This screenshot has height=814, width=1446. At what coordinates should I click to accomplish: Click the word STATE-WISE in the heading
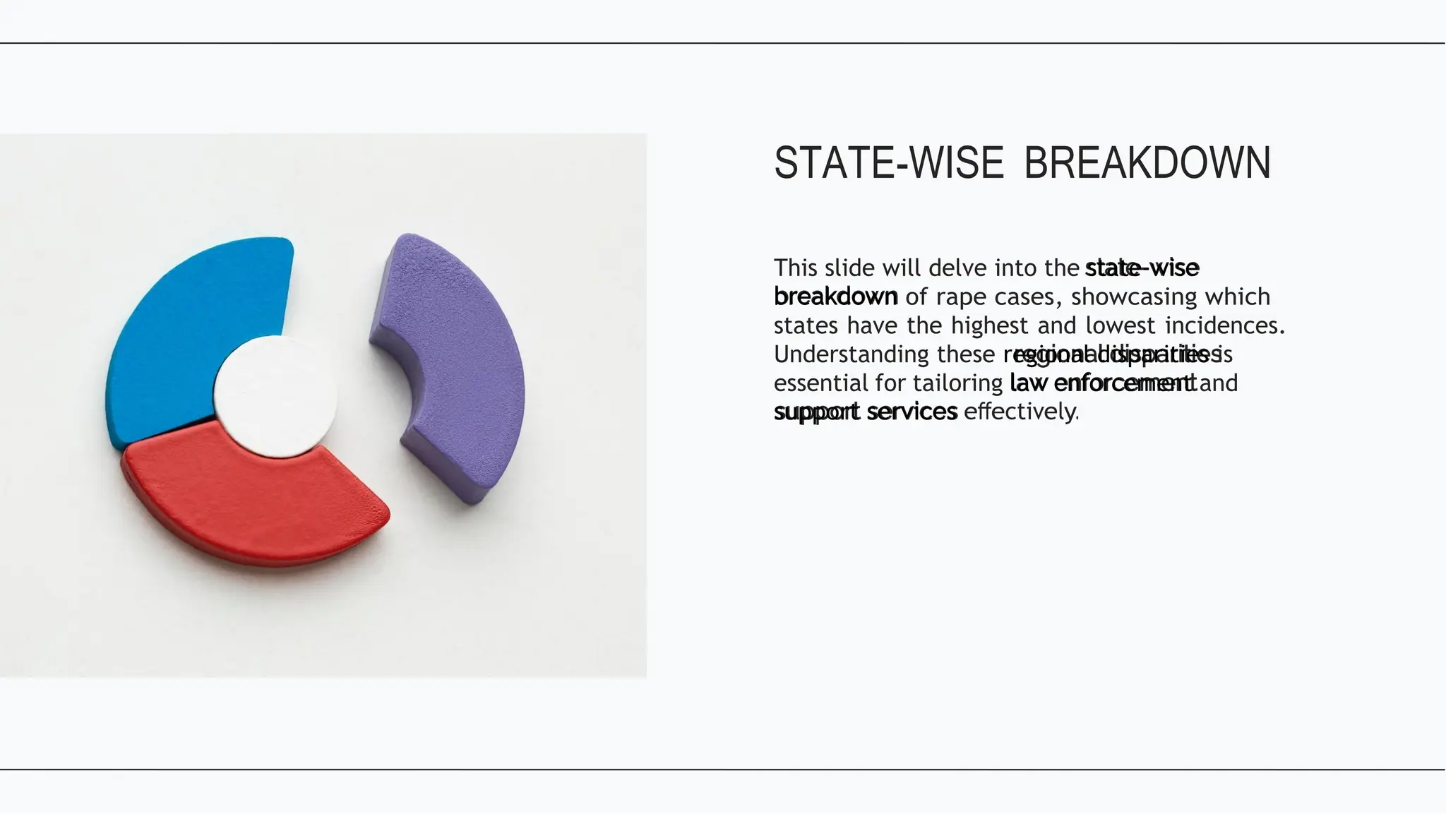(x=888, y=163)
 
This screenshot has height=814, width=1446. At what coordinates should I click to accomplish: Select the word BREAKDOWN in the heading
(x=1147, y=163)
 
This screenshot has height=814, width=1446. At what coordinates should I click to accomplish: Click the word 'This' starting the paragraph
(x=795, y=268)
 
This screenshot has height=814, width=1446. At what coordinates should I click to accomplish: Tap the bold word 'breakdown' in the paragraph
(x=835, y=297)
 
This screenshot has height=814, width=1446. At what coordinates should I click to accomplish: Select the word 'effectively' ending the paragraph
(x=1021, y=412)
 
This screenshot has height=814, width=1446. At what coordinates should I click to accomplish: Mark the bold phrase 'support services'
(x=865, y=412)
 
